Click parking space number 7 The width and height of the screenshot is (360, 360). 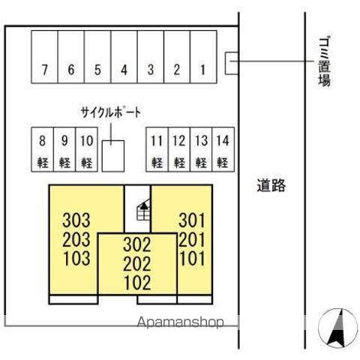[x=44, y=57]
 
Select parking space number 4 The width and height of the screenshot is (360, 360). [x=124, y=57]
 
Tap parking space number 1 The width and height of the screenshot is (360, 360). [x=203, y=57]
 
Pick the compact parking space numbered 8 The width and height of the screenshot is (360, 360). [x=42, y=149]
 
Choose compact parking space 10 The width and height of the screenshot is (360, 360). [x=86, y=149]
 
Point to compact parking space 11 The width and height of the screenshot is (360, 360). [x=157, y=149]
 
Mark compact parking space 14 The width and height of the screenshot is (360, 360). [x=223, y=149]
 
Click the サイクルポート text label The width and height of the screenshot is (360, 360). [x=111, y=112]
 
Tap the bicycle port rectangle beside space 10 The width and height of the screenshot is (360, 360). [x=113, y=156]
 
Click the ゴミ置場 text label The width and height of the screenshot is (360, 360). [x=324, y=62]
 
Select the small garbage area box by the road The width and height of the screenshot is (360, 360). [x=232, y=63]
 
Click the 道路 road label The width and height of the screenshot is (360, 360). [x=271, y=185]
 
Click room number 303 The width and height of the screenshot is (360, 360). [x=76, y=220]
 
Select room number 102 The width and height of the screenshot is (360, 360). [x=138, y=283]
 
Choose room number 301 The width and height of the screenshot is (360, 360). [x=192, y=220]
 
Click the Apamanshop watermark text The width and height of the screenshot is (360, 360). [x=180, y=322]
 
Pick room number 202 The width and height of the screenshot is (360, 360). [x=137, y=264]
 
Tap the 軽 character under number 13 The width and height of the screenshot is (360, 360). [x=201, y=163]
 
